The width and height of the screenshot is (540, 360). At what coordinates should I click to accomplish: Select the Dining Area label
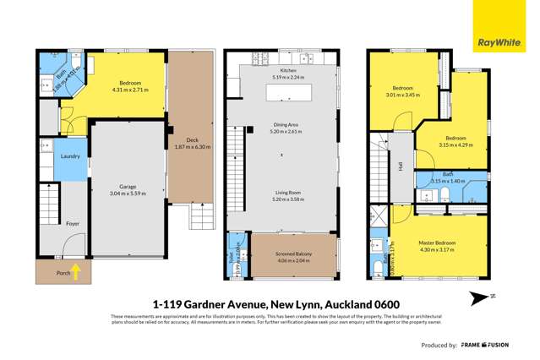pos(281,126)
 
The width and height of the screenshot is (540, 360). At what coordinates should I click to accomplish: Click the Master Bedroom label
pos(437,243)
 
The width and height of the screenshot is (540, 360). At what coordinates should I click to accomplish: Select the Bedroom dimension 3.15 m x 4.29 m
pos(455,145)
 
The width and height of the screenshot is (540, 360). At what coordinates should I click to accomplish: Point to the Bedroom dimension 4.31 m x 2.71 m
pos(130,90)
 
